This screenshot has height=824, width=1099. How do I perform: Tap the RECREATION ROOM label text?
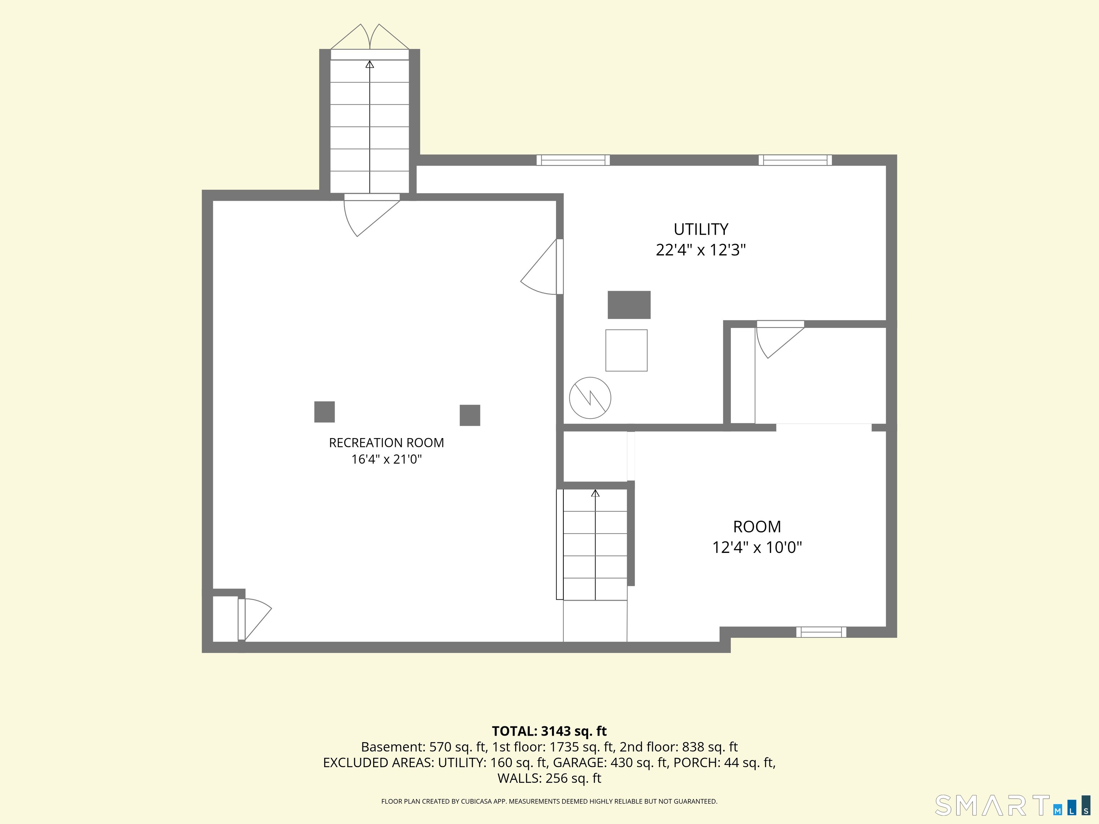(x=386, y=442)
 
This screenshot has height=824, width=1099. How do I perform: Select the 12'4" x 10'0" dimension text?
(x=757, y=547)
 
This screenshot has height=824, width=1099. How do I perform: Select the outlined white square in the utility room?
(x=626, y=350)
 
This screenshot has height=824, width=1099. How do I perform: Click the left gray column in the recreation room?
(x=324, y=412)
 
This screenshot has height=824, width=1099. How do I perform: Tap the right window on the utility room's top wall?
(x=795, y=160)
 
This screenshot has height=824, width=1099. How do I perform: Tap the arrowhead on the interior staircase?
(x=595, y=493)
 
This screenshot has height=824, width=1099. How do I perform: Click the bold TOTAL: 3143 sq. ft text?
(x=549, y=731)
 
